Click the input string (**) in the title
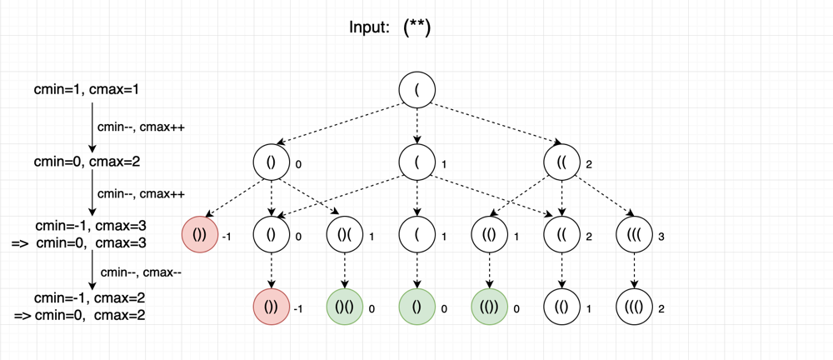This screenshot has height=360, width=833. [x=417, y=27]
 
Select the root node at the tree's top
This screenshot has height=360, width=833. [x=417, y=89]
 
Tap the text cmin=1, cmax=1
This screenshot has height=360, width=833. [x=87, y=90]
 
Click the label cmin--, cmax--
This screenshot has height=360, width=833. [x=142, y=272]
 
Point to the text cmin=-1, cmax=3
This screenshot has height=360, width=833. [x=91, y=226]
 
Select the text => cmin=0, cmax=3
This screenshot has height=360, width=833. [x=78, y=243]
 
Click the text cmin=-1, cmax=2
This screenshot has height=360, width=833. [x=90, y=297]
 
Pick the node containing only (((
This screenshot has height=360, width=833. [x=634, y=236]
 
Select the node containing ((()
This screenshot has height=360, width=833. [x=634, y=307]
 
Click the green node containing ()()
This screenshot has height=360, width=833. [x=344, y=307]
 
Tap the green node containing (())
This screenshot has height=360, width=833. [x=489, y=307]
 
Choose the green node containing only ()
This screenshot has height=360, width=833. [x=417, y=307]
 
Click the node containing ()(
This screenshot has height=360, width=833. [x=344, y=236]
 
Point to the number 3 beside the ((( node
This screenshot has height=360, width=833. [x=661, y=237]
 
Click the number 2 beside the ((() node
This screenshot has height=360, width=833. [x=661, y=308]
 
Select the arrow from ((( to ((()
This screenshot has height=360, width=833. [x=634, y=272]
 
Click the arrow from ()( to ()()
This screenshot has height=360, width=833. [x=344, y=272]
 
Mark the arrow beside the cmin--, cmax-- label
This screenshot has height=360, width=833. [x=93, y=270]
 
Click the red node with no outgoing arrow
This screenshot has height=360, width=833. [x=272, y=307]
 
